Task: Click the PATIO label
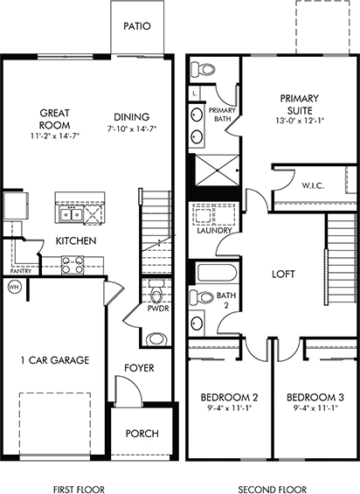coord(137,26)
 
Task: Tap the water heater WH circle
coord(13,287)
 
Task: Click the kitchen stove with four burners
coord(73,265)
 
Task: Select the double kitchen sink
coord(72,215)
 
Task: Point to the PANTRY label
coord(21,271)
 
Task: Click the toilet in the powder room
coord(156,292)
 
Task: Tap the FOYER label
coord(139,368)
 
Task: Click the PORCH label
coord(142,434)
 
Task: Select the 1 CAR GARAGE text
coord(55,360)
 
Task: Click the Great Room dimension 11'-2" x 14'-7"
coord(55,136)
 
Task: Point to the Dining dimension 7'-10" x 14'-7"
coord(131,129)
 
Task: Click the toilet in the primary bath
coord(203,69)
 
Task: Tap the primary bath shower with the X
coord(218,170)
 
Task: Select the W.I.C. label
coord(313,185)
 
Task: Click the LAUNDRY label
coord(214,231)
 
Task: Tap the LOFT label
coord(283,275)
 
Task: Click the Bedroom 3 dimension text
coord(315,408)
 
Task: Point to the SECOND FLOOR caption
coord(272,490)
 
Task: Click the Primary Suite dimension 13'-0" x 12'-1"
coord(300,120)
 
